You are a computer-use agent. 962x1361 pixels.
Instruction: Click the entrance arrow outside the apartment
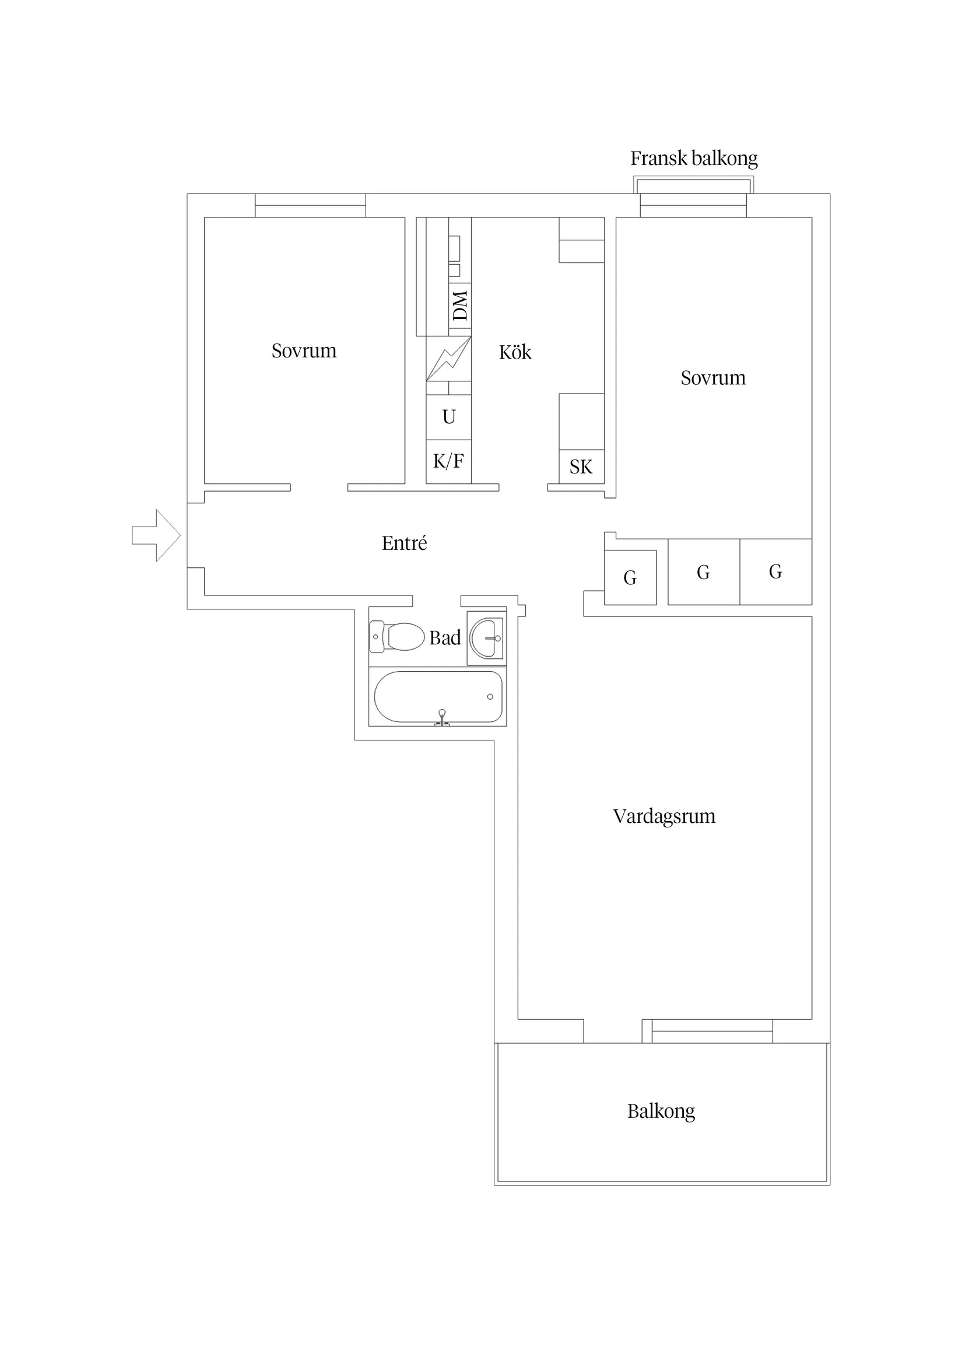tap(156, 535)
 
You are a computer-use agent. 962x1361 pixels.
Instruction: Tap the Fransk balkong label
tap(693, 158)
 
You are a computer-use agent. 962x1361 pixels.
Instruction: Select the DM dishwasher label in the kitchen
tap(460, 306)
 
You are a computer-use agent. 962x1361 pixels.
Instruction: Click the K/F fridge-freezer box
tap(449, 461)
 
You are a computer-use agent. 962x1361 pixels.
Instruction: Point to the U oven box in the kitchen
tap(449, 418)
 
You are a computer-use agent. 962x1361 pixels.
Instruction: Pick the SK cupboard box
tap(581, 466)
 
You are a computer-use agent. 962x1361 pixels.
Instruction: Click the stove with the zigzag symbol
tap(449, 359)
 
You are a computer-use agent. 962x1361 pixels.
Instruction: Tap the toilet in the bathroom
tap(396, 637)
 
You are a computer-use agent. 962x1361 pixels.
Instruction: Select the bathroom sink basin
tap(486, 638)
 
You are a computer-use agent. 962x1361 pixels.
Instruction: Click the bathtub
tap(438, 697)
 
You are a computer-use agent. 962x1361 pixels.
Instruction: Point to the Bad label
tap(444, 638)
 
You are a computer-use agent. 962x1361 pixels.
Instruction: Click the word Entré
tap(404, 543)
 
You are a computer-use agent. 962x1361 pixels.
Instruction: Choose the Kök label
tap(515, 352)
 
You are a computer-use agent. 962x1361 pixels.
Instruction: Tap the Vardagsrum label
tap(664, 817)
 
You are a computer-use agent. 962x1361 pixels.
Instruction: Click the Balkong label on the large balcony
tap(661, 1111)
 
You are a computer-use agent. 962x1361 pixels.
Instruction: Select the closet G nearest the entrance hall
tap(630, 577)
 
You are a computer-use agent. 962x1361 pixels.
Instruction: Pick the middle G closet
tap(704, 572)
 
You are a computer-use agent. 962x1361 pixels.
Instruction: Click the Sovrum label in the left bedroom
tap(304, 351)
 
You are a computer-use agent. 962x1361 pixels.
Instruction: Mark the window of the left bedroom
tap(311, 206)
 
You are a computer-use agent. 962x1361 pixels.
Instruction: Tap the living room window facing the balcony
tap(708, 1032)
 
